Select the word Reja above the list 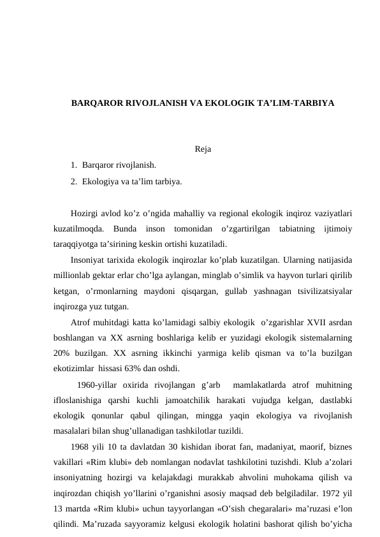point(186,151)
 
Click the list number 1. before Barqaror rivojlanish point(75,166)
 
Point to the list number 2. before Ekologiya point(75,182)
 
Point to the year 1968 point(81,446)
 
